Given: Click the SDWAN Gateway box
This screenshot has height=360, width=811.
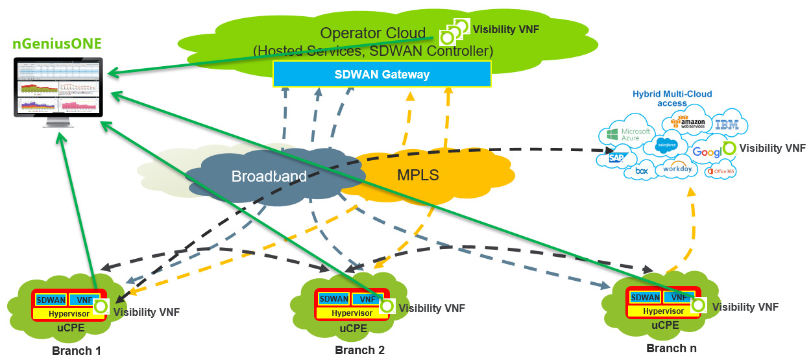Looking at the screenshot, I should (x=381, y=74).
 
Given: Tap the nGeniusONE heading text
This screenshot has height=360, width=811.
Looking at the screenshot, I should (x=57, y=45).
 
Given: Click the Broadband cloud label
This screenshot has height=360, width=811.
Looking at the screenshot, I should (x=269, y=176).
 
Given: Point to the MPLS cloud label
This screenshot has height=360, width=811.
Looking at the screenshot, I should (x=418, y=174).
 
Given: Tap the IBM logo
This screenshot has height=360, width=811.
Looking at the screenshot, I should (x=725, y=125).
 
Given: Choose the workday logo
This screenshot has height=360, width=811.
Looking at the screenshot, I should (x=677, y=169).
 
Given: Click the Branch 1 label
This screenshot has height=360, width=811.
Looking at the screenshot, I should (x=77, y=351).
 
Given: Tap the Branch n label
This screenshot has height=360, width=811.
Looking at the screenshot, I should (x=671, y=348).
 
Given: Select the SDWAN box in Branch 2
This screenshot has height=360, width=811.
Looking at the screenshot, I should (x=334, y=299).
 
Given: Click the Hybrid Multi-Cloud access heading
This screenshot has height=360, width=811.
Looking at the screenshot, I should (x=672, y=99).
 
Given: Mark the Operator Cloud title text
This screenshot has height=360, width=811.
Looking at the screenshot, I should (x=373, y=33).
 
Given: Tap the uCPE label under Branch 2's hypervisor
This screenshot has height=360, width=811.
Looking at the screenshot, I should (x=353, y=328).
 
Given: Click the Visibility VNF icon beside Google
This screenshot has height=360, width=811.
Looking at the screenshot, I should (x=729, y=149).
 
